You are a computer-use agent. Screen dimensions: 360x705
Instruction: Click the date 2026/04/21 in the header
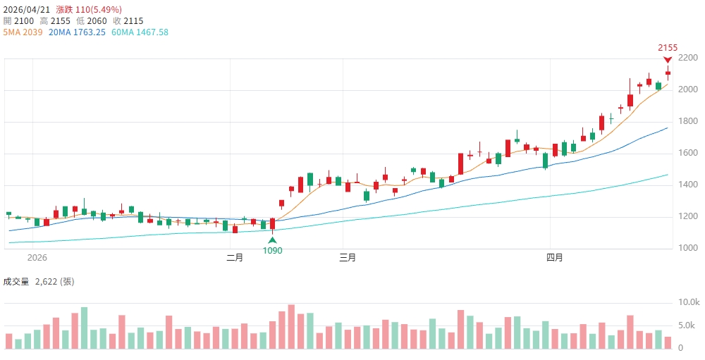point(27,10)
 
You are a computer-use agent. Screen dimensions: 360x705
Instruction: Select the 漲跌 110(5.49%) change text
point(89,10)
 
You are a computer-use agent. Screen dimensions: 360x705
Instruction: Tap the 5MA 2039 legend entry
point(23,32)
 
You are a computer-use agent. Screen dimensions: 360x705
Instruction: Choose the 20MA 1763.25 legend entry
point(77,32)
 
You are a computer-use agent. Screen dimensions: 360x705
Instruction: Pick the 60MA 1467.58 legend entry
point(140,32)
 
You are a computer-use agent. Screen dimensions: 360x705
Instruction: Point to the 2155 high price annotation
point(668,48)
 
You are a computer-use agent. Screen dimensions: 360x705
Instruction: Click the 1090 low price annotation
point(273,250)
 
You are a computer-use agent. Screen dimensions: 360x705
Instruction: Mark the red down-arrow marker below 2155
point(668,60)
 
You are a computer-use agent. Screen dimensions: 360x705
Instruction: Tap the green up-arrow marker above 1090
point(273,240)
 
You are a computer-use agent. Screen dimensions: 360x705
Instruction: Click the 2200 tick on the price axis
point(688,61)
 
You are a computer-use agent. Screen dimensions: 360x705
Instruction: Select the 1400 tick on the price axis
point(688,185)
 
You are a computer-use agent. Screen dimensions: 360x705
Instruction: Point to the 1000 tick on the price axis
point(688,248)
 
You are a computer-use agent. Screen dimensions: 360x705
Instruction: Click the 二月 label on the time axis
point(235,258)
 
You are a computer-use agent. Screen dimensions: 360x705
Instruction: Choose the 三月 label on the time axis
point(348,258)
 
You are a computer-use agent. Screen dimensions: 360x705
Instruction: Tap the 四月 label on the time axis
point(555,258)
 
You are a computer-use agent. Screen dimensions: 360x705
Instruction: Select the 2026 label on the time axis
point(37,258)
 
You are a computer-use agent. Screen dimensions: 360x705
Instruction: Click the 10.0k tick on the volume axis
point(689,302)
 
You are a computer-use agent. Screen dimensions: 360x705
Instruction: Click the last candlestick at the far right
point(668,73)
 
